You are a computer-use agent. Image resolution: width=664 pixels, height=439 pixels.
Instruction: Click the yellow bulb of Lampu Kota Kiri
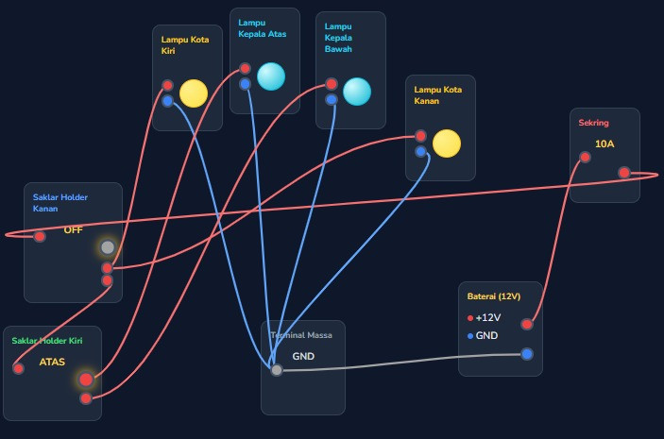pos(194,93)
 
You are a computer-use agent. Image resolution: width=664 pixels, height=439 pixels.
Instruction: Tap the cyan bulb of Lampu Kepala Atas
pos(271,76)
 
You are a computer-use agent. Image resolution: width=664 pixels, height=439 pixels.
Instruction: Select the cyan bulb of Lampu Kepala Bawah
pos(357,92)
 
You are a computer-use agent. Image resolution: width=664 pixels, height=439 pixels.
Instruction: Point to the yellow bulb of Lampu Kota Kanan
pos(447,144)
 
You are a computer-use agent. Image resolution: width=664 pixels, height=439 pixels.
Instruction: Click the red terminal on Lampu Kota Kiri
pos(168,85)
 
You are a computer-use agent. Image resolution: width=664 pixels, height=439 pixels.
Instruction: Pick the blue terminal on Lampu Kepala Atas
pos(245,84)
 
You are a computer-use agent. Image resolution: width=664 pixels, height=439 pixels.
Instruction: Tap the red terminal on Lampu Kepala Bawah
pos(332,84)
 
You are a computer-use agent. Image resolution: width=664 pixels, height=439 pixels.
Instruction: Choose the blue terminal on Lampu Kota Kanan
pos(420,151)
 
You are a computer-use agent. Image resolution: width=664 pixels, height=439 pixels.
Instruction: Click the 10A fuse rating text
pos(604,144)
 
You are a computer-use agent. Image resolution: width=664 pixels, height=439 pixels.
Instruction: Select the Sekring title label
pos(594,123)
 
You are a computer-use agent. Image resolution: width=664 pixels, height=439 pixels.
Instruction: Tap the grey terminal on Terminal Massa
pos(277,370)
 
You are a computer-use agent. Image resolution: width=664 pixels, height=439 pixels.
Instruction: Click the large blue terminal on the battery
pos(527,354)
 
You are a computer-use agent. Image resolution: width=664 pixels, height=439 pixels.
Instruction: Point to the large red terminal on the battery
pos(527,324)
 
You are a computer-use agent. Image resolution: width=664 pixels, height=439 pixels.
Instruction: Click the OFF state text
pos(74,229)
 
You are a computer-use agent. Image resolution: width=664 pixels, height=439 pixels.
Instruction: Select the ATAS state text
pos(52,362)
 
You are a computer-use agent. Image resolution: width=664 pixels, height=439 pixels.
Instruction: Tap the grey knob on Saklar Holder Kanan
pos(108,247)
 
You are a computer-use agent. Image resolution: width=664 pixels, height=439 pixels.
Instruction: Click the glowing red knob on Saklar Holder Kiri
pos(86,380)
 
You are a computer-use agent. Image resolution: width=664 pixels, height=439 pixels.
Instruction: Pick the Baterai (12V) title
pos(494,296)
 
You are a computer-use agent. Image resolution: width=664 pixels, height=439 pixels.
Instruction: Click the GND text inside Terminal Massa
pos(303,357)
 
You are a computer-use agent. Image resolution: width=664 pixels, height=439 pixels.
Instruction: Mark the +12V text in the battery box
pos(488,317)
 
